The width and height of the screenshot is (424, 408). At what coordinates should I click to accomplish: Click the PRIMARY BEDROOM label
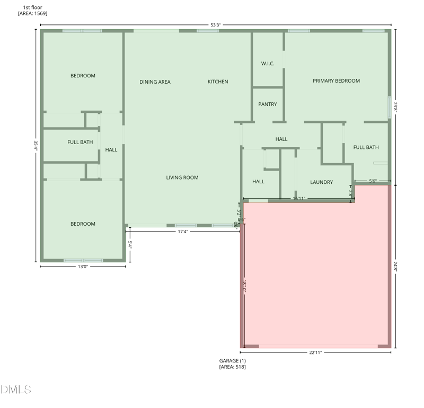pyautogui.click(x=336, y=81)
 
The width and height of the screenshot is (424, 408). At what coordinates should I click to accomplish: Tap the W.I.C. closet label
pyautogui.click(x=268, y=64)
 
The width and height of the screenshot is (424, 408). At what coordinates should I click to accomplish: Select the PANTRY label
pyautogui.click(x=268, y=104)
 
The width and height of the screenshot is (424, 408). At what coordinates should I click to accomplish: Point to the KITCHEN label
pyautogui.click(x=218, y=82)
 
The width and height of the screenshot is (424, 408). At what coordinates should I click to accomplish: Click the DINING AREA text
pyautogui.click(x=155, y=82)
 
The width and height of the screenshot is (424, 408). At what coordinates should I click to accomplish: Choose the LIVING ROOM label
pyautogui.click(x=182, y=178)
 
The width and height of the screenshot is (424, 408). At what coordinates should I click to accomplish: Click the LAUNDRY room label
pyautogui.click(x=322, y=182)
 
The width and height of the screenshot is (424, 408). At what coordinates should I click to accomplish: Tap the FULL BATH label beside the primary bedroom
pyautogui.click(x=366, y=147)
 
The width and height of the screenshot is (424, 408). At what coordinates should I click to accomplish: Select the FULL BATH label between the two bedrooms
pyautogui.click(x=80, y=142)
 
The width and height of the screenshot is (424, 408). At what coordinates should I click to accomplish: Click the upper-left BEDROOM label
pyautogui.click(x=83, y=76)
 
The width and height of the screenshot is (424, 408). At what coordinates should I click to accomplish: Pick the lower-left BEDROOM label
pyautogui.click(x=83, y=224)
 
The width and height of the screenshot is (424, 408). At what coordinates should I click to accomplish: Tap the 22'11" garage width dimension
pyautogui.click(x=315, y=352)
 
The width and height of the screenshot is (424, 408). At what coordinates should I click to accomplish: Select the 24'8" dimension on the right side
pyautogui.click(x=396, y=267)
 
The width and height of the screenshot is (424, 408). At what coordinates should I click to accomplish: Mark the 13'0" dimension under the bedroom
pyautogui.click(x=83, y=267)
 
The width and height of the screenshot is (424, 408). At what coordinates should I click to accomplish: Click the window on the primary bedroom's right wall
pyautogui.click(x=390, y=106)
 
